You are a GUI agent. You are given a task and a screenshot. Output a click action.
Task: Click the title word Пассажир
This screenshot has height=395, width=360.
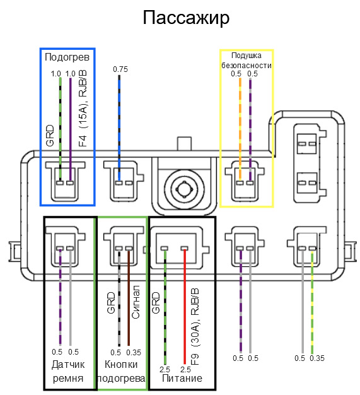tap(186, 18)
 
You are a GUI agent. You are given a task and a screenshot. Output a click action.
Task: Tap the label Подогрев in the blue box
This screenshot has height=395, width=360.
tap(67, 57)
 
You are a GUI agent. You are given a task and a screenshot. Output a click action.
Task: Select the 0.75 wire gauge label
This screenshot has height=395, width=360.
tap(120, 69)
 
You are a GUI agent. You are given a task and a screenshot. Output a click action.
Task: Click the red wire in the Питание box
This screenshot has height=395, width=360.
tap(185, 307)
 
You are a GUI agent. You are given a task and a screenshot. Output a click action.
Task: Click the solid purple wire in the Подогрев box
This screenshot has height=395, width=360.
tap(71, 129)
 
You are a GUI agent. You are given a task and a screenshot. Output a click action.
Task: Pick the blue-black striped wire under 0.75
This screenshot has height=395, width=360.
tap(119, 128)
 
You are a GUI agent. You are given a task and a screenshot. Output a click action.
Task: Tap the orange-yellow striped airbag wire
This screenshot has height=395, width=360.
tap(240, 129)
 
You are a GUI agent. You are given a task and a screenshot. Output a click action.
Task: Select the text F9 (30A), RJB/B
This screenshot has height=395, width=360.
tap(195, 327)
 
